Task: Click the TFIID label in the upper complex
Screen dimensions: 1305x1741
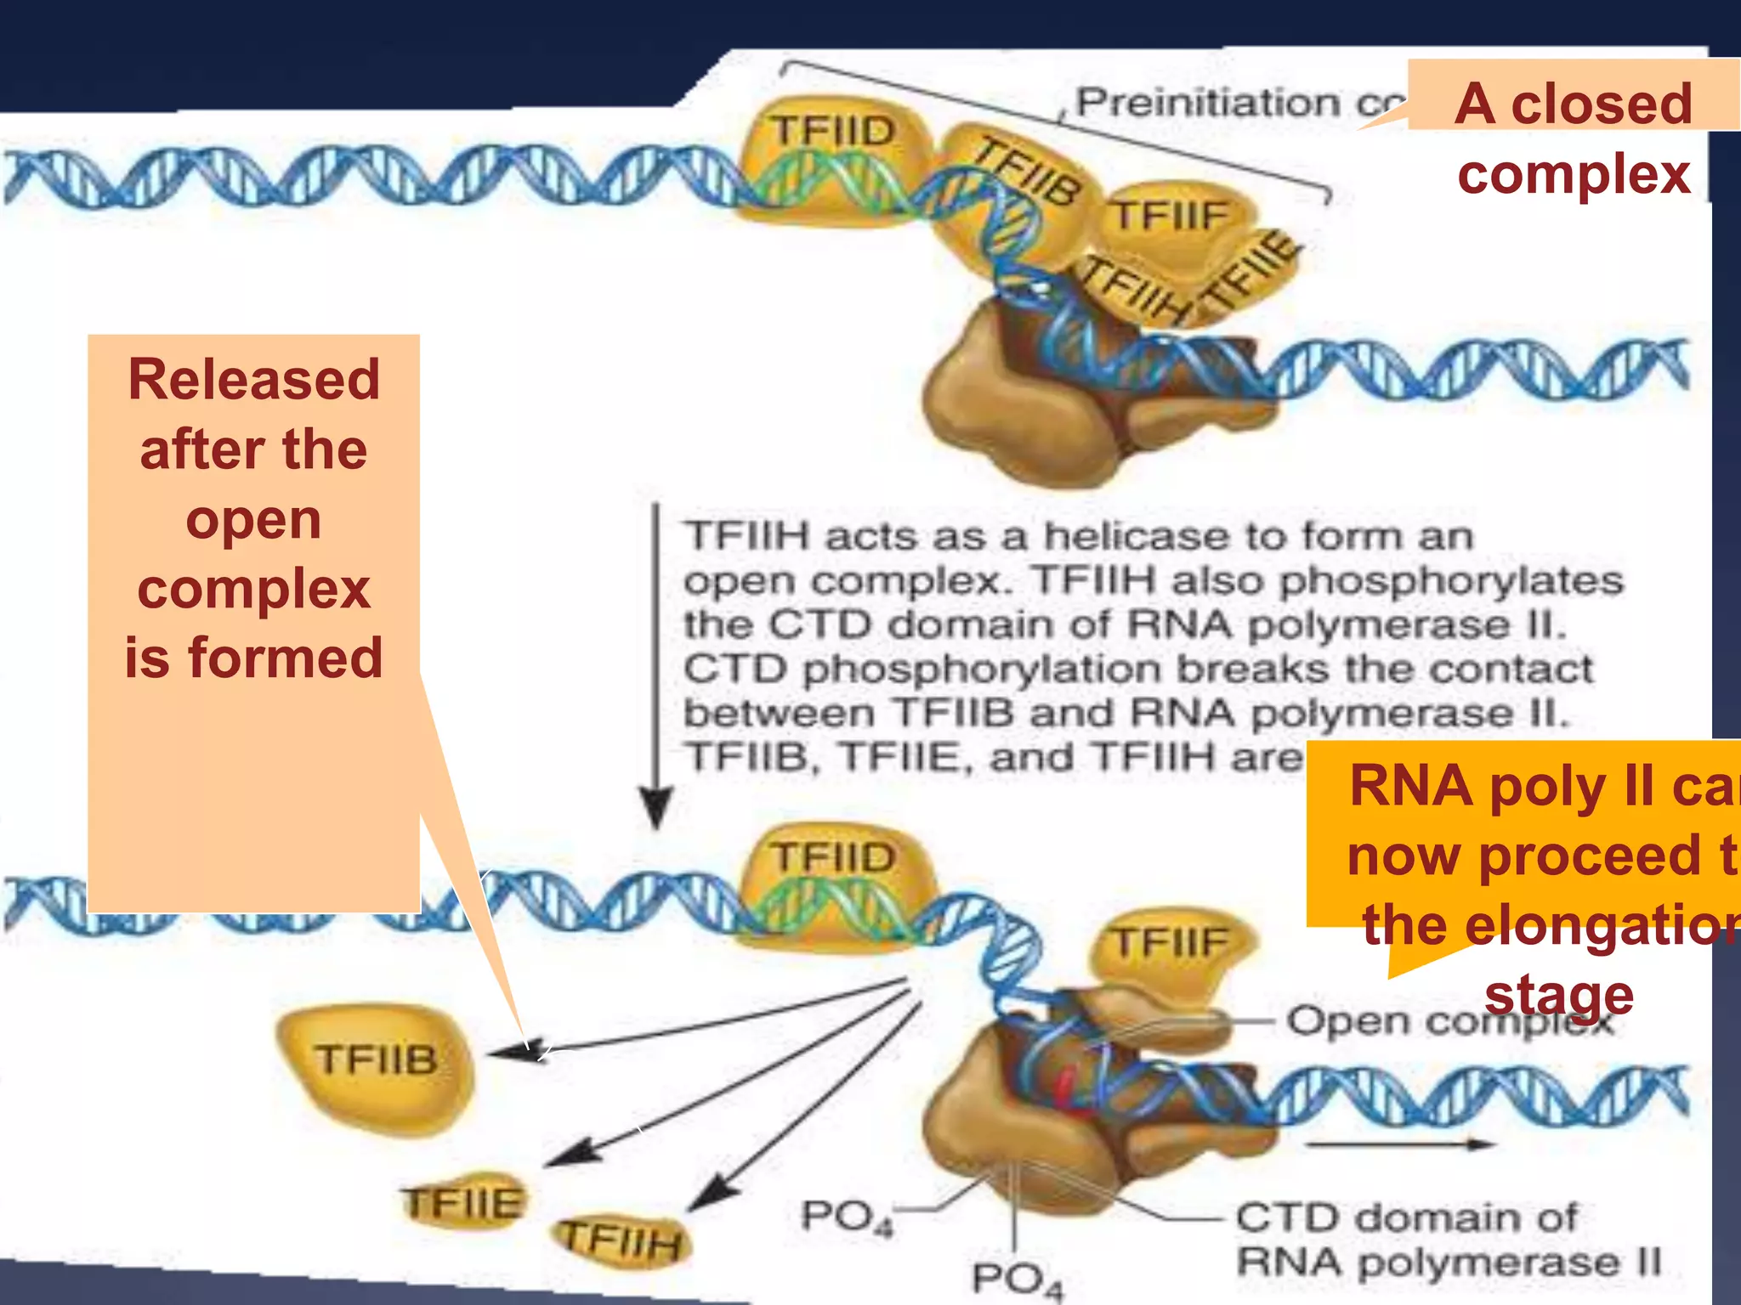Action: coord(833,132)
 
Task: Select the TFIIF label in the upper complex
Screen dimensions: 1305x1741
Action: coord(1171,215)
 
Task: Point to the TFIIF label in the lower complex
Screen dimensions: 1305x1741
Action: coord(1171,941)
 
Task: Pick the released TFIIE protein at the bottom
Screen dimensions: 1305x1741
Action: coord(463,1203)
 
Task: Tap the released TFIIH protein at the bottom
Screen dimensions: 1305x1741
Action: coord(622,1242)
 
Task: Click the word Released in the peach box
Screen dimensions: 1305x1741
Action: coord(253,380)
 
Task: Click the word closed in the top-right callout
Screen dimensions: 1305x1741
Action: coord(1601,104)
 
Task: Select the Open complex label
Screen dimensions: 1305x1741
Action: coord(1445,1020)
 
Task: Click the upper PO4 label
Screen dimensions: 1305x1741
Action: coord(846,1216)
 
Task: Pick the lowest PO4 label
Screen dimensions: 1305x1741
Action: coord(1017,1280)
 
